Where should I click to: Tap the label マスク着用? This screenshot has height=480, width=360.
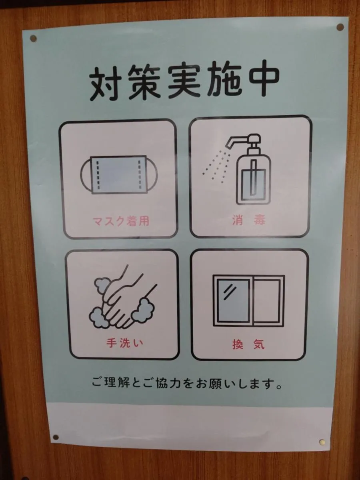(x=120, y=221)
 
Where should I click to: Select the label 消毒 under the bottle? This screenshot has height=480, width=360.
(x=249, y=220)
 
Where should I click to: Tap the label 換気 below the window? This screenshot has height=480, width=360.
(x=248, y=344)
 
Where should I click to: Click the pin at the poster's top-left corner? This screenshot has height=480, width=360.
(x=33, y=38)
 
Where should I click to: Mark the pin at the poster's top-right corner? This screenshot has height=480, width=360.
(x=340, y=27)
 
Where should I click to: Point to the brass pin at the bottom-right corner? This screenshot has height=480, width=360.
(x=322, y=442)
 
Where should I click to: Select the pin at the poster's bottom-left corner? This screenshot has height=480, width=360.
(x=56, y=437)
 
